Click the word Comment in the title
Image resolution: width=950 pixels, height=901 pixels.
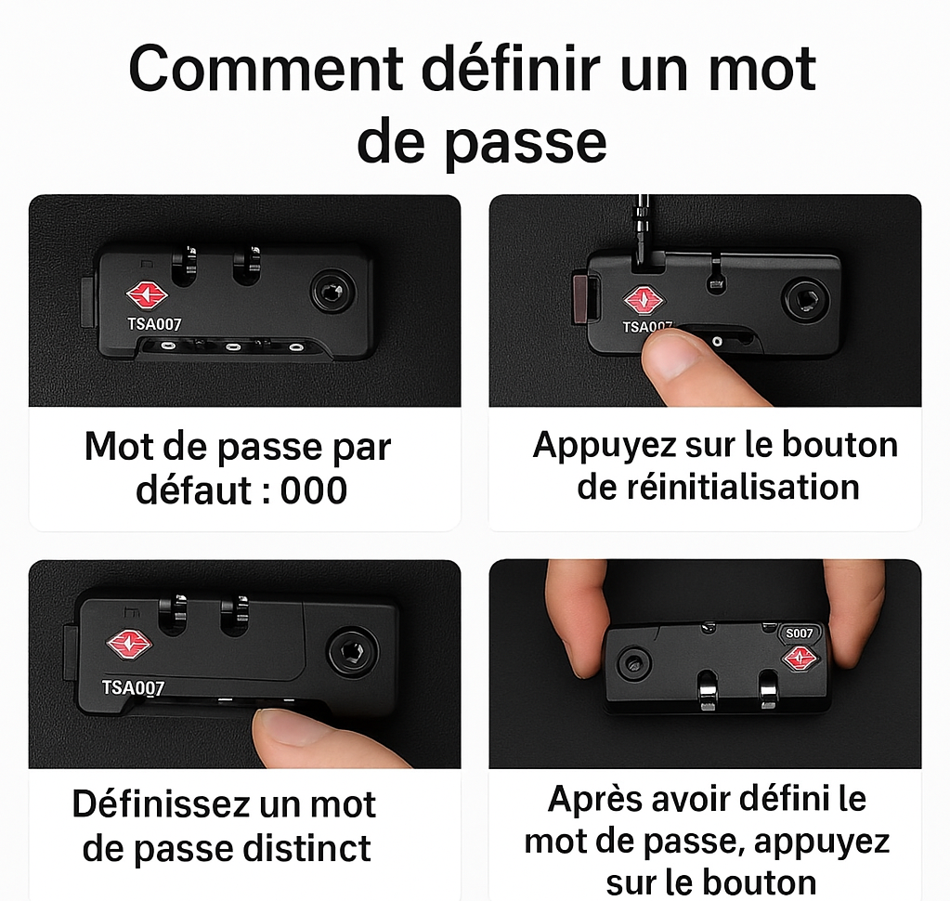(266, 71)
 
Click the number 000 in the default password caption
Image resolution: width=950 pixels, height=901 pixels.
(314, 490)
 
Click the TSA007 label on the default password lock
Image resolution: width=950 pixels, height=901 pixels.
(154, 325)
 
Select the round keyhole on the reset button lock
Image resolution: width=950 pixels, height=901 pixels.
(800, 298)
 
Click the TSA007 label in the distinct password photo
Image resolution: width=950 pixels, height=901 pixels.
(133, 687)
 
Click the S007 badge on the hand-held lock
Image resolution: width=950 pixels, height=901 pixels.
(799, 633)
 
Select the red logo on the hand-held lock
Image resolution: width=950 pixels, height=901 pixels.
(799, 659)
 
